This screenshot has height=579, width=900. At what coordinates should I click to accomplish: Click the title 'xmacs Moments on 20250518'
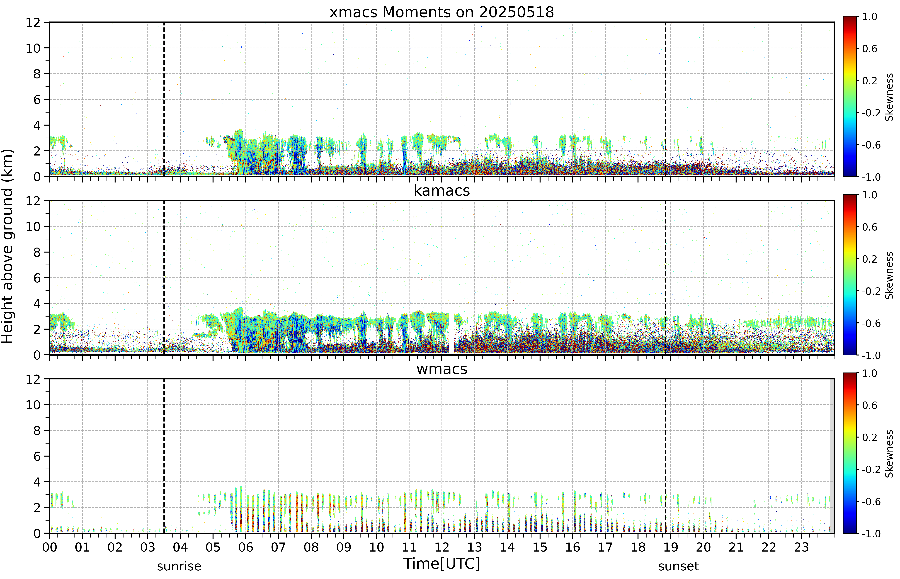click(x=442, y=12)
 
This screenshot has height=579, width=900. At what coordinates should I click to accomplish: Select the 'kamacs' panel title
click(x=442, y=191)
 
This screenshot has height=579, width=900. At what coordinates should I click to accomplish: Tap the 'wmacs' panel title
click(x=442, y=369)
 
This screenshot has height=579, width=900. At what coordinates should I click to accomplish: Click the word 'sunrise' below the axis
click(x=179, y=566)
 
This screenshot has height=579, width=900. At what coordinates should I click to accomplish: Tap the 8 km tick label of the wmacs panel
click(x=37, y=431)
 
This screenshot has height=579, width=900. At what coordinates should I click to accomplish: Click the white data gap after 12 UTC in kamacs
click(x=451, y=333)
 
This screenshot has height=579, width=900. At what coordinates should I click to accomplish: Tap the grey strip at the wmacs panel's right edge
click(x=832, y=456)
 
